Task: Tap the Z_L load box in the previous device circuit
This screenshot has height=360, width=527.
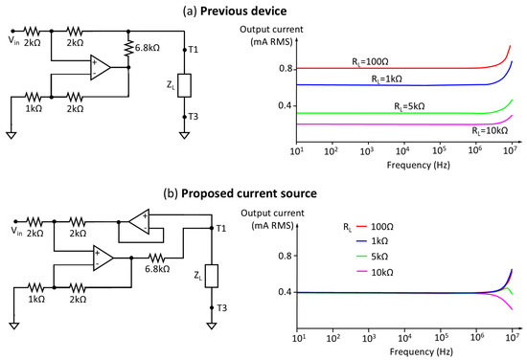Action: pyautogui.click(x=184, y=83)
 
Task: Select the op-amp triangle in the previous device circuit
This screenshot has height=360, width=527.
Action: pyautogui.click(x=100, y=66)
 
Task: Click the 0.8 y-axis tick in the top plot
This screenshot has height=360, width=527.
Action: pyautogui.click(x=285, y=69)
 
